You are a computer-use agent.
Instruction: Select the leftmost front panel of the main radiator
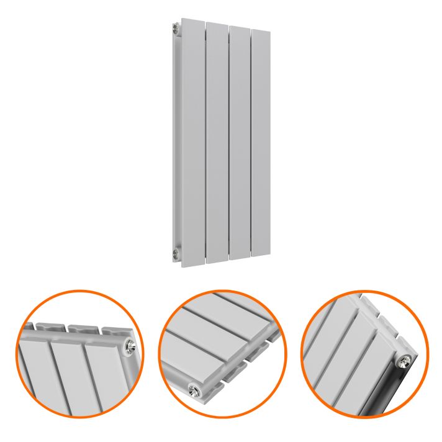point(192,143)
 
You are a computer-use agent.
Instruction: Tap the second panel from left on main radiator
point(217,143)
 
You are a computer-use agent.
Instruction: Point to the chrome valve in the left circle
point(129,345)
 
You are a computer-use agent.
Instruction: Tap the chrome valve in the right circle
point(405,360)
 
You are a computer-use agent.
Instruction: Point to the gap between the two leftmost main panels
point(205,143)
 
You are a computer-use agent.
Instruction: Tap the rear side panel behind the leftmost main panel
point(177,143)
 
